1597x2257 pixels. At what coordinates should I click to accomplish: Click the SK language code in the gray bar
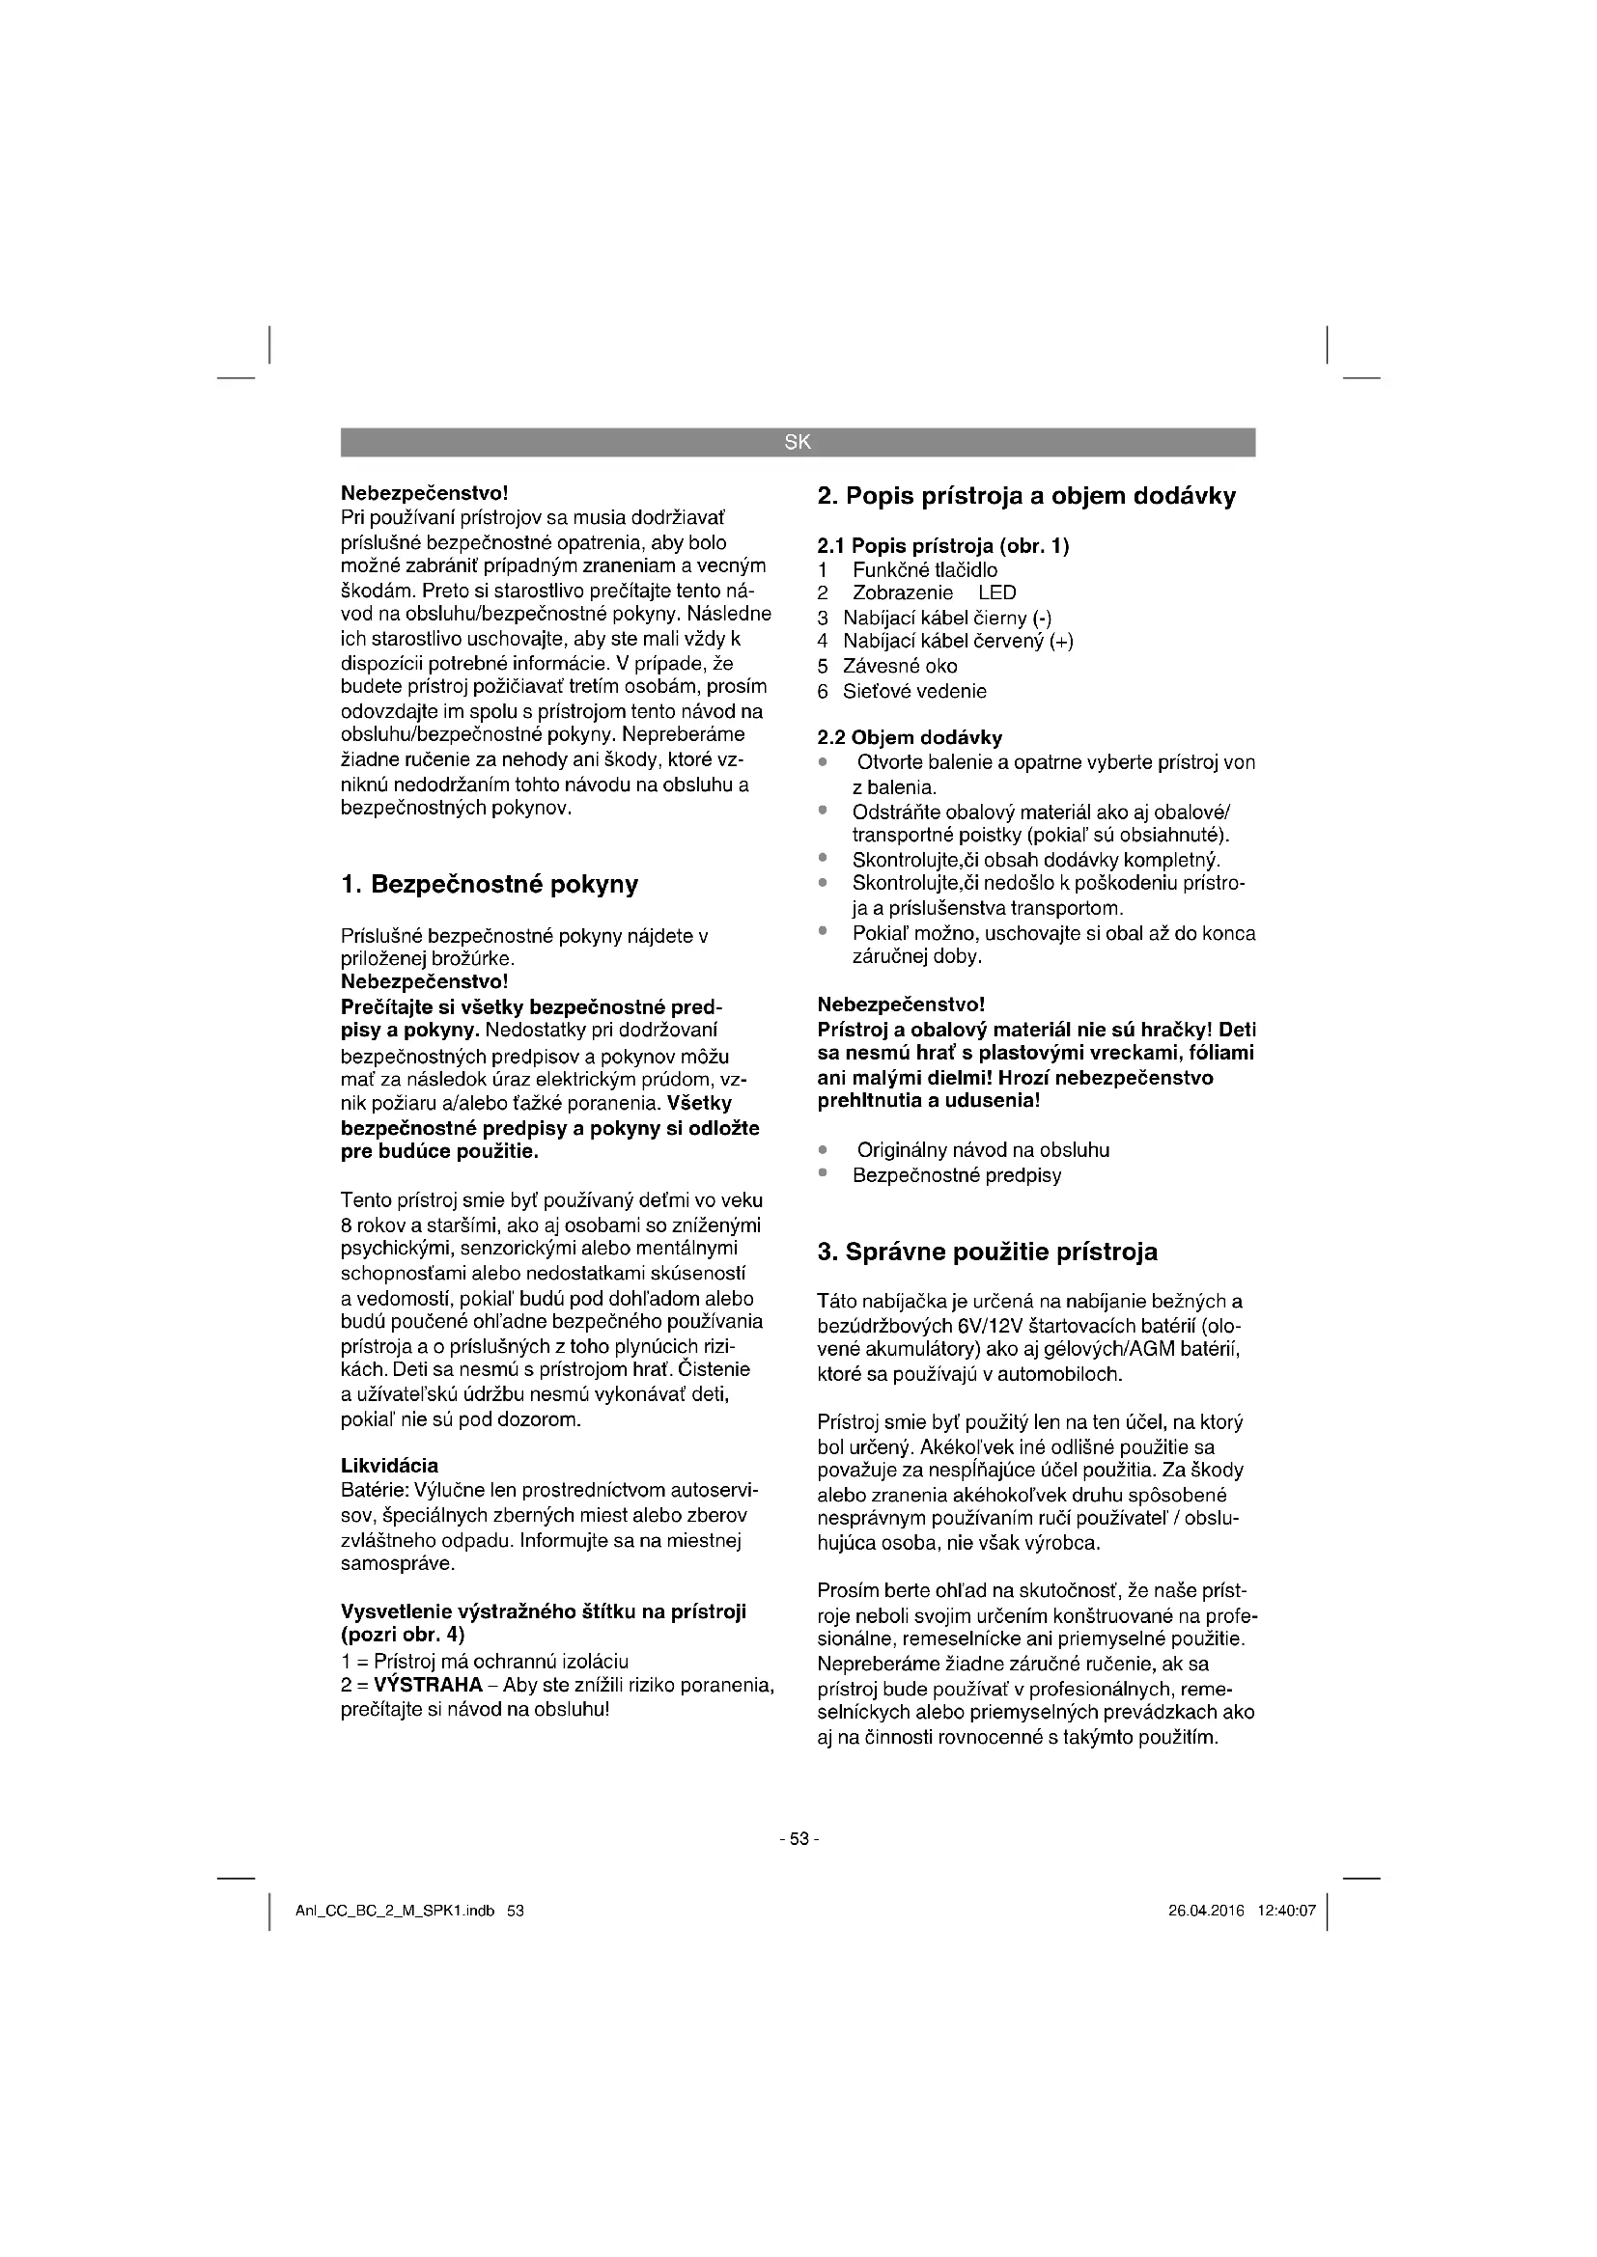click(798, 442)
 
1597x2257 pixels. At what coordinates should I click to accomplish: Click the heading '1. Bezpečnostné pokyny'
click(489, 885)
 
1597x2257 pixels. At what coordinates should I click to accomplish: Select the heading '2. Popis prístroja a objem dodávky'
click(1025, 496)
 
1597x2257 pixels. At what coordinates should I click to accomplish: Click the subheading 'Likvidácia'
click(389, 1466)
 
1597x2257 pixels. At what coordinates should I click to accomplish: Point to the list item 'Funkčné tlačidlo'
click(924, 570)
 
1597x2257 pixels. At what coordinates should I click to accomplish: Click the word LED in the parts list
click(997, 592)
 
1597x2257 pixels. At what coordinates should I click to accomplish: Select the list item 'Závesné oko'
click(900, 667)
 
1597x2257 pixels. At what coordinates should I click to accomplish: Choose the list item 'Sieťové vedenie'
click(913, 691)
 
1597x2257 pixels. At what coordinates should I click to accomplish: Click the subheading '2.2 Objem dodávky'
click(910, 737)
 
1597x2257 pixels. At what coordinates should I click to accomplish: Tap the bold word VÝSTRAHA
click(429, 1685)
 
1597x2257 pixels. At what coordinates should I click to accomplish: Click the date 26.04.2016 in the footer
click(1206, 1911)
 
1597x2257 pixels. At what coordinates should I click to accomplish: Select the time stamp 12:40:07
click(1286, 1911)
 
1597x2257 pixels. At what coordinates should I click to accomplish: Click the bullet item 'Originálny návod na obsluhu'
click(982, 1150)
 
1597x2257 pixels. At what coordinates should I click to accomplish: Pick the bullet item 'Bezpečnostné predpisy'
click(957, 1175)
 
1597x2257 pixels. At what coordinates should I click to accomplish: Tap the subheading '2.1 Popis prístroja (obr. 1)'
click(943, 545)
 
